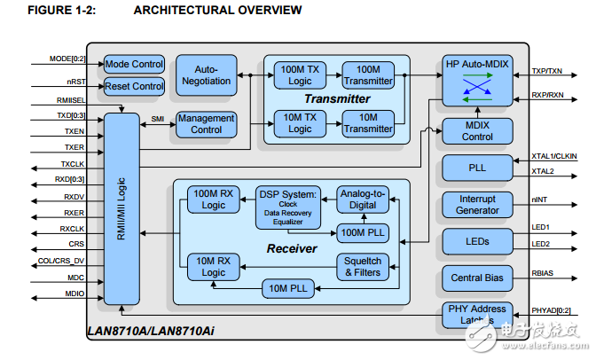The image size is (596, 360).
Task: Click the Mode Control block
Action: [x=134, y=64]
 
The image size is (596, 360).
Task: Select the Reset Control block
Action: [x=134, y=86]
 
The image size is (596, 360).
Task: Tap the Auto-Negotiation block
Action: [x=205, y=75]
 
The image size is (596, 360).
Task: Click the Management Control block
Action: [x=205, y=124]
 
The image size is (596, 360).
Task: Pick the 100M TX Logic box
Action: [x=300, y=75]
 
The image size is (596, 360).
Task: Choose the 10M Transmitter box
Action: [x=368, y=124]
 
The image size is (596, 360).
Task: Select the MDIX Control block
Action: [x=478, y=131]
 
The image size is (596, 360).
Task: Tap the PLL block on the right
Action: [x=478, y=167]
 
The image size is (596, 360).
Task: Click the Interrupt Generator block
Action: [x=478, y=205]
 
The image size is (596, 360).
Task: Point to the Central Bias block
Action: [x=478, y=278]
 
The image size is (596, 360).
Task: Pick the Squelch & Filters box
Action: [x=363, y=266]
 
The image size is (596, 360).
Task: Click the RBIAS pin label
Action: [x=542, y=273]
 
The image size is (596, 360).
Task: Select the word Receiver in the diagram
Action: [x=292, y=249]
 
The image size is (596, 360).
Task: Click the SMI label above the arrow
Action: [x=157, y=116]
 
